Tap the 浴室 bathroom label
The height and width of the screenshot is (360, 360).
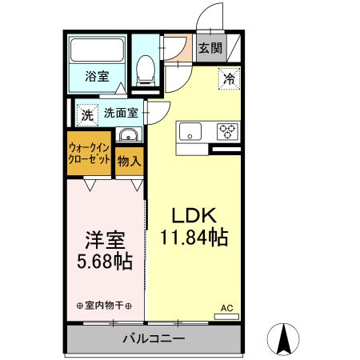(97, 77)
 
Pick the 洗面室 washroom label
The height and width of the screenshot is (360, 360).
(121, 113)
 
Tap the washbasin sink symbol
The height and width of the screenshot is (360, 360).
(127, 135)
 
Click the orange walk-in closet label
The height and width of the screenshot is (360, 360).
(89, 154)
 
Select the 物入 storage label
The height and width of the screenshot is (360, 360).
(129, 161)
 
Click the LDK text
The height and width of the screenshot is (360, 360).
(193, 217)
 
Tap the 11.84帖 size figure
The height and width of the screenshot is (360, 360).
(193, 238)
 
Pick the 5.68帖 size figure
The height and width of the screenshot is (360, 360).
(104, 262)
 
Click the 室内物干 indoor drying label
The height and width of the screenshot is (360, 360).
(104, 306)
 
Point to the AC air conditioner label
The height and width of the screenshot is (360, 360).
(226, 307)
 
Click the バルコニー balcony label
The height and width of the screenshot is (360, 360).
(153, 338)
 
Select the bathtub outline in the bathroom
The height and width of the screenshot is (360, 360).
(97, 50)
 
